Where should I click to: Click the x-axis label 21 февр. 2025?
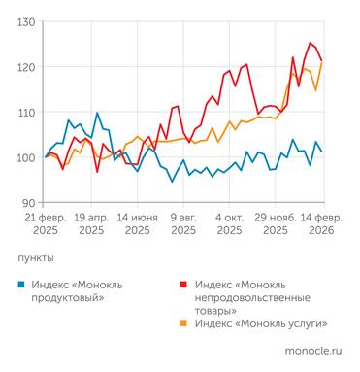click(45, 223)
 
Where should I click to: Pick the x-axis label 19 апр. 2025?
click(91, 223)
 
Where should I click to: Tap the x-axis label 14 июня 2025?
click(137, 223)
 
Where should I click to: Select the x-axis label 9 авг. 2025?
click(183, 223)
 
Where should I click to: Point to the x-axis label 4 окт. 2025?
click(229, 223)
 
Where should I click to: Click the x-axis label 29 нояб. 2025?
click(276, 223)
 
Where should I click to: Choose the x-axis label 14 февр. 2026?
click(321, 223)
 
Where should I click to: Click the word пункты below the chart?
click(36, 258)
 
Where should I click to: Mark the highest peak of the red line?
click(310, 43)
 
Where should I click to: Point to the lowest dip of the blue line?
click(172, 182)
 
